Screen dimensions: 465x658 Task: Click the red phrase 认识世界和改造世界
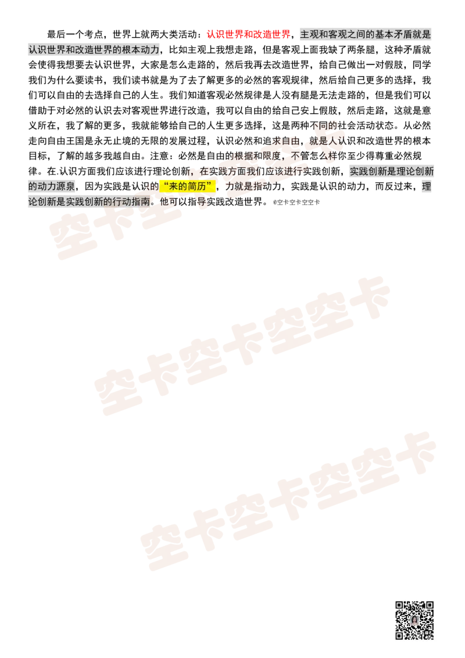[x=248, y=34]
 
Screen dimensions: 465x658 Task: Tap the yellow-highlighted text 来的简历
[x=188, y=187]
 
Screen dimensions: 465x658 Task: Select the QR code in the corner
[x=414, y=620]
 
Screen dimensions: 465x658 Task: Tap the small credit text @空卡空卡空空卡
[x=296, y=202]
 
